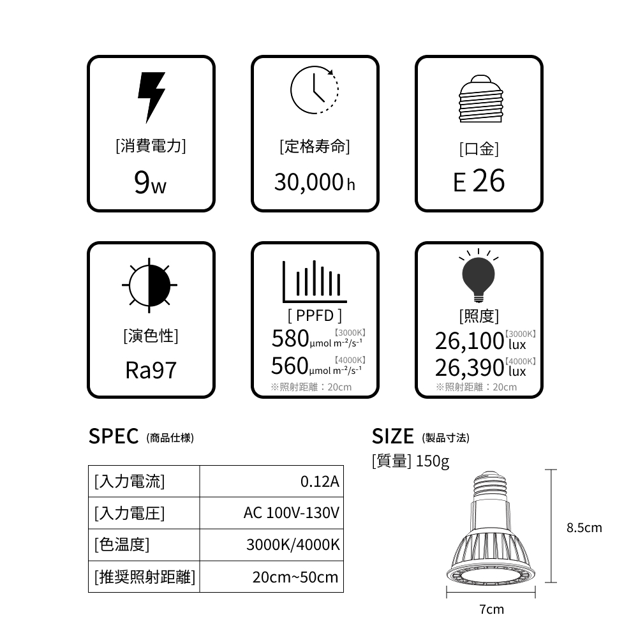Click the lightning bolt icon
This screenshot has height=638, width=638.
(151, 98)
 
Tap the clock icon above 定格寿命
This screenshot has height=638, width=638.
(315, 90)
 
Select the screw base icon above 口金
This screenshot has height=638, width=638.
(480, 98)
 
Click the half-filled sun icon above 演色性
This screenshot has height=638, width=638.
(149, 285)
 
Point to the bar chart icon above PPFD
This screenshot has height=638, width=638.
(315, 281)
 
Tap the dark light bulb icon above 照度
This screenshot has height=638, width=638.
(478, 276)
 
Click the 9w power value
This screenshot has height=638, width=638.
(150, 182)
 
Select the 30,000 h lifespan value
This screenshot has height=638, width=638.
(315, 182)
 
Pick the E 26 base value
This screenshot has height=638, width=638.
(479, 181)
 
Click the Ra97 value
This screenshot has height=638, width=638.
(151, 370)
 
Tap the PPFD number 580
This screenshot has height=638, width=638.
(290, 338)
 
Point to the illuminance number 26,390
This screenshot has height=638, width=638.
(470, 368)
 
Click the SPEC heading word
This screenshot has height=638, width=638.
(114, 436)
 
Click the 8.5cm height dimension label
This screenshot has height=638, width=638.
(584, 528)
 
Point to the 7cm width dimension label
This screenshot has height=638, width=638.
(491, 609)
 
